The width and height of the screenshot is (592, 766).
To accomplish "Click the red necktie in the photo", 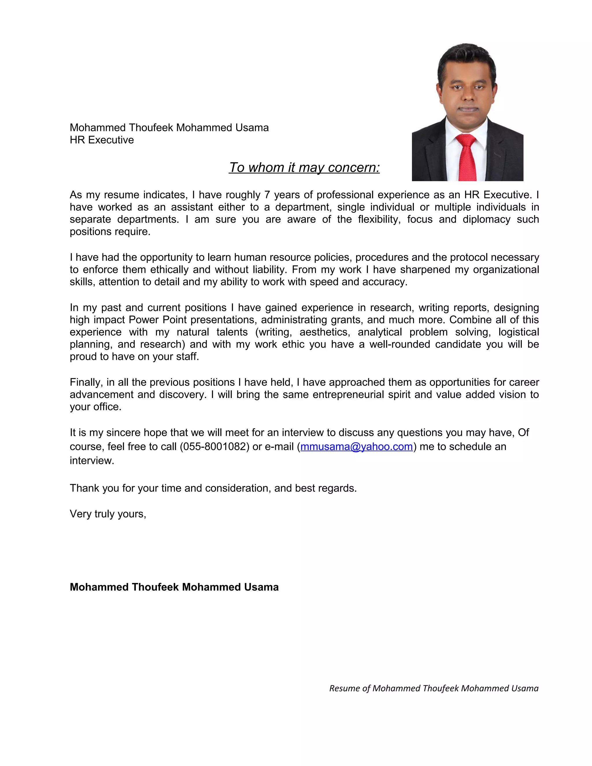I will [467, 158].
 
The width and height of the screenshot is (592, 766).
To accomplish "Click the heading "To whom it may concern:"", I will [304, 168].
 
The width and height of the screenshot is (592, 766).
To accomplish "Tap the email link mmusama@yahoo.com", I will [356, 447].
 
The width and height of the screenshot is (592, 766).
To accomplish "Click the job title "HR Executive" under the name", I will [102, 140].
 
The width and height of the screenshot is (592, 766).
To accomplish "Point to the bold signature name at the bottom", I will [174, 587].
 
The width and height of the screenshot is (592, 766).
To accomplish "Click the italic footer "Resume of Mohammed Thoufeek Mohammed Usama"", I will [434, 688].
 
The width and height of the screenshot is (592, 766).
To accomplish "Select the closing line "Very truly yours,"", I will [108, 514].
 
